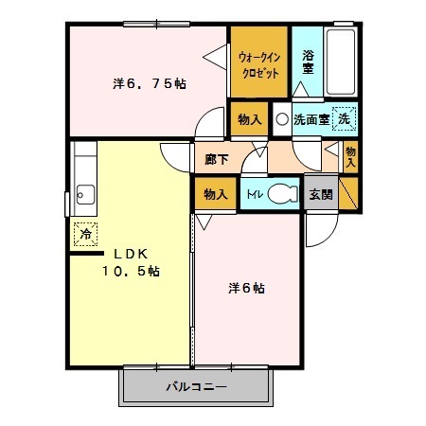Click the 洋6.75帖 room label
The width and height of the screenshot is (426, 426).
pos(150,83)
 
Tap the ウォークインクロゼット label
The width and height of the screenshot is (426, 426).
pos(258,64)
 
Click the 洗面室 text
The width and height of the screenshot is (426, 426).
pos(311,120)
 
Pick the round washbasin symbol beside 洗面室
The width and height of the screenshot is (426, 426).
pos(281,120)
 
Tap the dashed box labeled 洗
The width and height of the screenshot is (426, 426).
pos(346,120)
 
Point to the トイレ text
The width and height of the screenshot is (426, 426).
pos(254,194)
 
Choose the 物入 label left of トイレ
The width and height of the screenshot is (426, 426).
pos(215,194)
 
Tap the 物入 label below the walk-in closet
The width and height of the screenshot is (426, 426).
pos(249,119)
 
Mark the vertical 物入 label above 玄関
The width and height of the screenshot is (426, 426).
pos(350,156)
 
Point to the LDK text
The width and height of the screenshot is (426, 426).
pos(132,254)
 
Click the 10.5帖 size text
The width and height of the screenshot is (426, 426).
pos(132,271)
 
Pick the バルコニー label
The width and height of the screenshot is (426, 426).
pos(197,387)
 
